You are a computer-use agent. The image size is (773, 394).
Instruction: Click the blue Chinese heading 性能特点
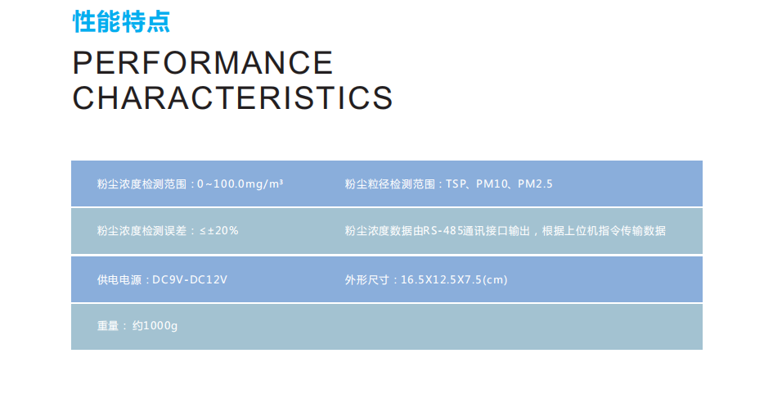(x=121, y=22)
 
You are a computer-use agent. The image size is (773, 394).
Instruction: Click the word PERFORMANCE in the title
(x=203, y=63)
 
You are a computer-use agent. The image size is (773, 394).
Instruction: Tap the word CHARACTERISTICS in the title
(x=232, y=97)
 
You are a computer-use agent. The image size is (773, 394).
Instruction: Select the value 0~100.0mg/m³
(x=240, y=184)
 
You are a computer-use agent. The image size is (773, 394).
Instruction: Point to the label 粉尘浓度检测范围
(x=142, y=184)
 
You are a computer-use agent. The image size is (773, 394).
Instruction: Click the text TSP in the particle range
(x=456, y=184)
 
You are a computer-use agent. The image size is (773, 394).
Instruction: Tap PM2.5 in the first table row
(x=535, y=184)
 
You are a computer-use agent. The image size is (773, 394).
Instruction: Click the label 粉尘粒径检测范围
(x=390, y=184)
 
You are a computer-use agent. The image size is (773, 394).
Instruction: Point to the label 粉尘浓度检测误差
(x=142, y=230)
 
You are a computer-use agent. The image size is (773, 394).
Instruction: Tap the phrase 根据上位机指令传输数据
(x=604, y=230)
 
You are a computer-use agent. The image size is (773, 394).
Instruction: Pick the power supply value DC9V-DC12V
(x=190, y=280)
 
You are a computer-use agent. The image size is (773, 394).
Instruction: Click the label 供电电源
(x=119, y=280)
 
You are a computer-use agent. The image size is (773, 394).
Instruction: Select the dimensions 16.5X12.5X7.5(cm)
(x=454, y=280)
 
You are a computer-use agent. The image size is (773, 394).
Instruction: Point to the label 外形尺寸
(x=367, y=280)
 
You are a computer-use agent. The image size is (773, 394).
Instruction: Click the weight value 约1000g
(x=155, y=326)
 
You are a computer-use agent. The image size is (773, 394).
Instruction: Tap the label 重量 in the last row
(x=108, y=326)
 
